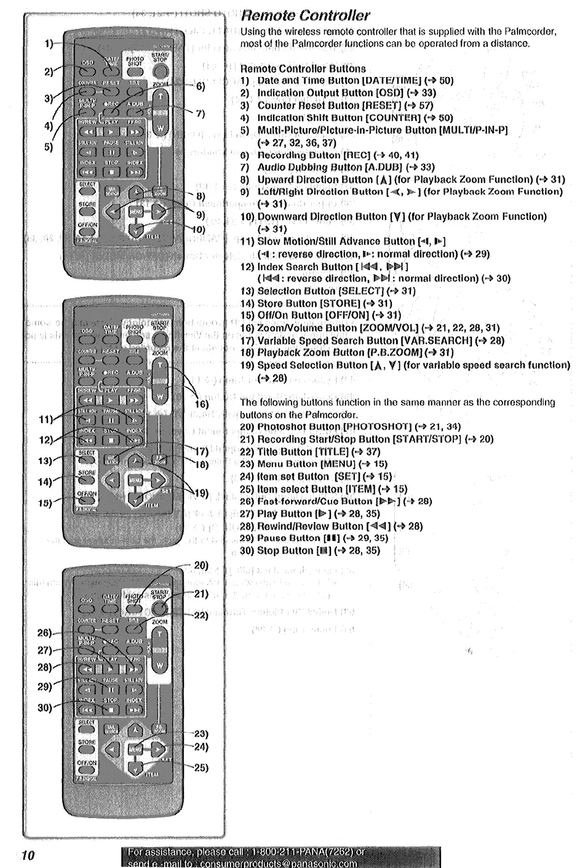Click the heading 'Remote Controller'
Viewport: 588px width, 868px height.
coord(305,15)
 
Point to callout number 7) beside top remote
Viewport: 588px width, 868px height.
coord(200,114)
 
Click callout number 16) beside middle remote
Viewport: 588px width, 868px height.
coord(202,404)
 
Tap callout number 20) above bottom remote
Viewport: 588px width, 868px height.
coord(201,565)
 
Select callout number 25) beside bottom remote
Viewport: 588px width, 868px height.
coord(201,768)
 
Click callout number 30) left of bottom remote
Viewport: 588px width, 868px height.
coord(45,707)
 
